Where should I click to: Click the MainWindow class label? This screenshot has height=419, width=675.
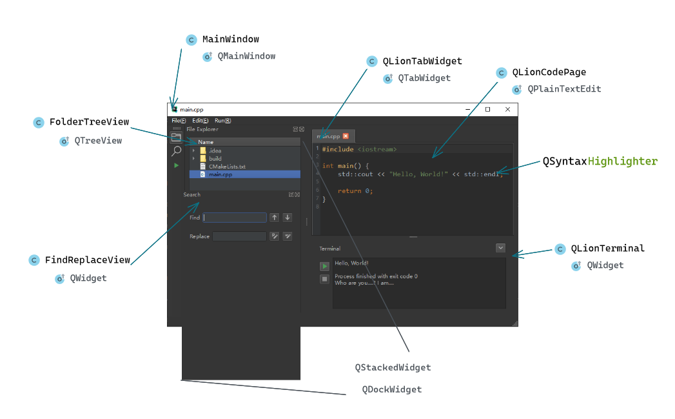pos(230,39)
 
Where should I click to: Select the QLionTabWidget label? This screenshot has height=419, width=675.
pos(422,61)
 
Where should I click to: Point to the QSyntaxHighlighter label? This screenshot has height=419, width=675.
pos(600,161)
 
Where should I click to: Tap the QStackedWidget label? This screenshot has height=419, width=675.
pos(393,367)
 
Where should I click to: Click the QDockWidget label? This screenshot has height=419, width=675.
pos(392,389)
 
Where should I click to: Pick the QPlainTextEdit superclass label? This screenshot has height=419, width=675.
pos(564,89)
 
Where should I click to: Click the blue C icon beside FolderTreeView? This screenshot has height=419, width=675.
pos(38,123)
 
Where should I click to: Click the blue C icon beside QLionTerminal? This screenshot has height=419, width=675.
pos(560,249)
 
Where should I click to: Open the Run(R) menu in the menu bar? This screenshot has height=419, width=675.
pos(222,121)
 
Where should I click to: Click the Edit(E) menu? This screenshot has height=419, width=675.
pos(201,121)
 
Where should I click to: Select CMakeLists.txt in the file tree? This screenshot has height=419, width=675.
pos(227,167)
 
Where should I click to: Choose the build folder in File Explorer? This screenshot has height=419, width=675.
pos(215,159)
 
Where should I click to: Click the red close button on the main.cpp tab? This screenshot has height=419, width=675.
pos(346,136)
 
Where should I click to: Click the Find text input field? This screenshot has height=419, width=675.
pos(235,218)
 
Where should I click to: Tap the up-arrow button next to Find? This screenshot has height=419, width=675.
pos(274,218)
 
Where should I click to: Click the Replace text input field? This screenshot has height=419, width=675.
pos(239,236)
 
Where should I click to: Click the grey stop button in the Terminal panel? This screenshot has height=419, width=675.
pos(324,279)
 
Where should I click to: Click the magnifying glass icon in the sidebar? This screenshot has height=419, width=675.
pos(176,151)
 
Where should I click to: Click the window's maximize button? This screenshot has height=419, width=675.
pos(488,109)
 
